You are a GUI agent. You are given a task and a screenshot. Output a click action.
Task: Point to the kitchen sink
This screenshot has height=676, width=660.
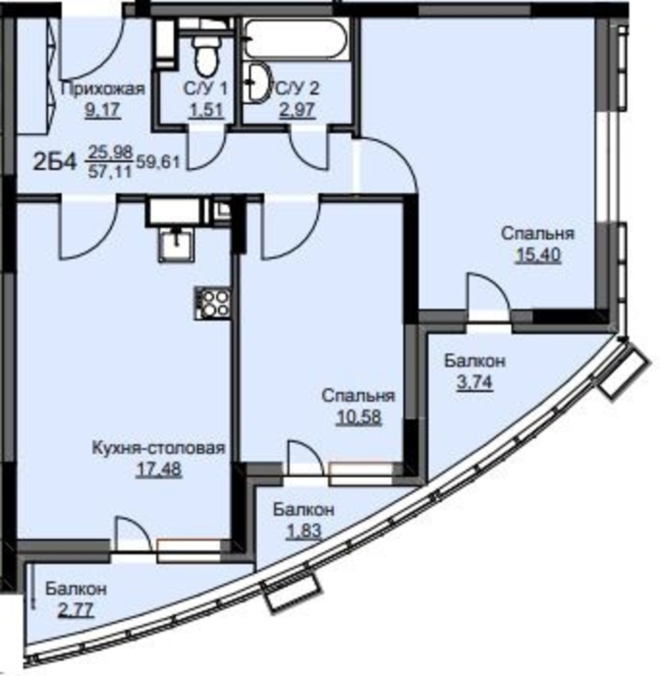[176, 245]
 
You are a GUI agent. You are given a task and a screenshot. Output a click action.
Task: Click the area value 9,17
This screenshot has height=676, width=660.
[103, 110]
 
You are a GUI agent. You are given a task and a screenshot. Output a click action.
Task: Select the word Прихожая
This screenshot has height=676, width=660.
[103, 89]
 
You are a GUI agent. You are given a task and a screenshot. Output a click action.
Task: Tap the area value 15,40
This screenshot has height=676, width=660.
[538, 255]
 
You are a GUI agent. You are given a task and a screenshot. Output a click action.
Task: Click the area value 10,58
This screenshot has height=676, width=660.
[359, 417]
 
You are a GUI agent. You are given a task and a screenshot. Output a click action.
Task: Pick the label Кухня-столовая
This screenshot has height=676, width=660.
[159, 448]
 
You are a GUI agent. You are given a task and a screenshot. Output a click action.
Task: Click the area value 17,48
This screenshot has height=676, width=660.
[159, 469]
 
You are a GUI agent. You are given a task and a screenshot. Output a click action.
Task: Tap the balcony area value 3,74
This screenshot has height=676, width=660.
[475, 382]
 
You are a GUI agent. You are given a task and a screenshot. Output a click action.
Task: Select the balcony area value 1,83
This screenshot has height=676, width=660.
[304, 531]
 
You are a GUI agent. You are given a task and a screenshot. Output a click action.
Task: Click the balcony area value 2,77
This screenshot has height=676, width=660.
[76, 610]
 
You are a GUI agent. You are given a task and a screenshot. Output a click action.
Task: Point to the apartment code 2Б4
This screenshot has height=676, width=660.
[55, 162]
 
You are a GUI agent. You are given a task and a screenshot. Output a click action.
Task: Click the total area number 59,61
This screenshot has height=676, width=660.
[157, 162]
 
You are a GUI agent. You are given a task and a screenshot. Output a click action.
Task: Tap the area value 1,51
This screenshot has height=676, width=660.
[206, 110]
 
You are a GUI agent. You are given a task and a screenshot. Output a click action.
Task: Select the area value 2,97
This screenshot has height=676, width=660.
[298, 110]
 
